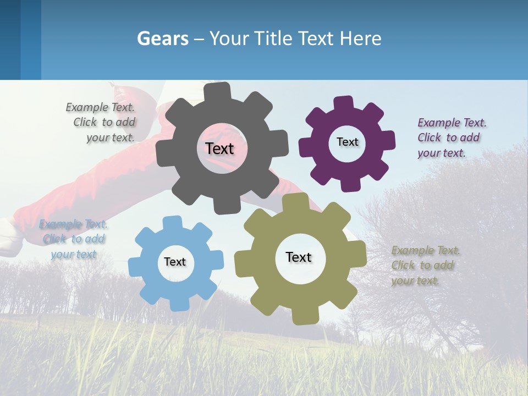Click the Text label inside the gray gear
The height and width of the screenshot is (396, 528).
point(219,148)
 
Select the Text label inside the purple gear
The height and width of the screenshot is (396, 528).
point(347,142)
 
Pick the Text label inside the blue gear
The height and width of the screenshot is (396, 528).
point(175,262)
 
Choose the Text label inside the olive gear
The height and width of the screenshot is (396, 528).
point(299,257)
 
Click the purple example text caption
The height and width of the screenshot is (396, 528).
point(449,137)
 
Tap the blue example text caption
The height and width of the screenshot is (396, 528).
point(74,239)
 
